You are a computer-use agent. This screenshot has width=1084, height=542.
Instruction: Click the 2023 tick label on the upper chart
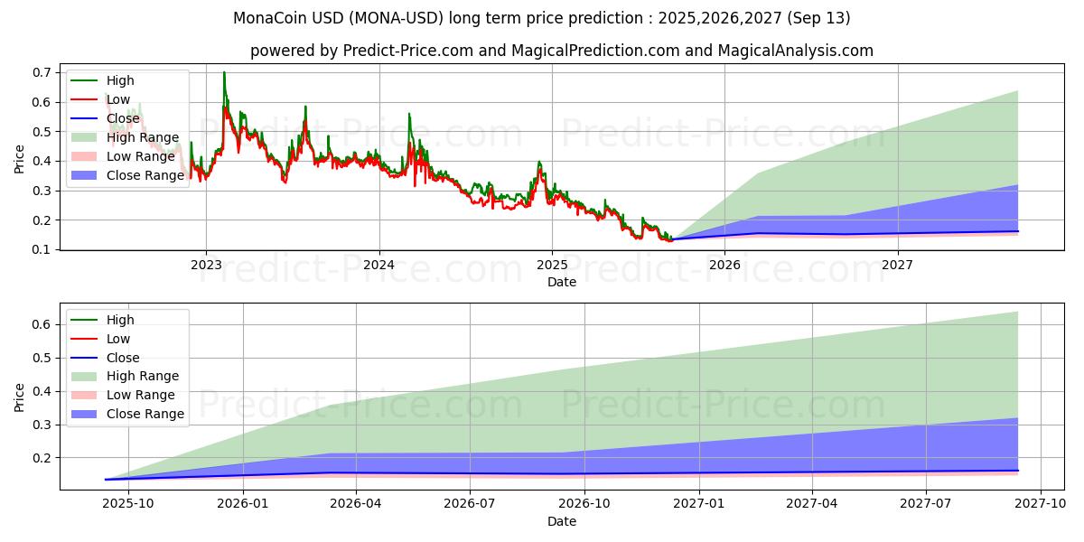(206, 264)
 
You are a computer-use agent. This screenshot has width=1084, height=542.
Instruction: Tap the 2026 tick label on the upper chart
(724, 264)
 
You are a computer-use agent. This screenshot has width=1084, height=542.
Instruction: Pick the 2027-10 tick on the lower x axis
(1042, 503)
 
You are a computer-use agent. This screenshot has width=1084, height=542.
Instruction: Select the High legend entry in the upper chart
(120, 80)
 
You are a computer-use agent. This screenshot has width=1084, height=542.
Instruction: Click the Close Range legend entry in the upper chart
(145, 175)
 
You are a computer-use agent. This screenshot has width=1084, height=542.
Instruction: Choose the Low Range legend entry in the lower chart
(140, 395)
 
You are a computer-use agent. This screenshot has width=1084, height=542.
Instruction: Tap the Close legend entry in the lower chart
(123, 358)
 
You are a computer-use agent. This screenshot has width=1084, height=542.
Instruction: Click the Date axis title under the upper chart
(562, 282)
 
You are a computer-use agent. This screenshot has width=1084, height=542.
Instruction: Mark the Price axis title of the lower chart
(20, 397)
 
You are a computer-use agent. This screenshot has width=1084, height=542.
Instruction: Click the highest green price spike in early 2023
(224, 73)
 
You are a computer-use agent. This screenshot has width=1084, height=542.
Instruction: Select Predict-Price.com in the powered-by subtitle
(408, 51)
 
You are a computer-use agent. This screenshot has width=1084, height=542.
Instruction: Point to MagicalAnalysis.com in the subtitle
(796, 51)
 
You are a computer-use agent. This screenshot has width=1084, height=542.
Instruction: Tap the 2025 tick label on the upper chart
(552, 264)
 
